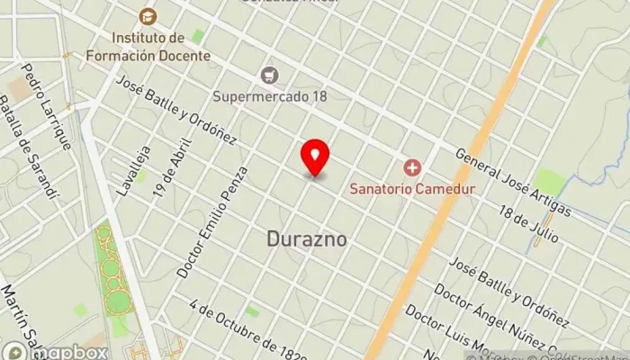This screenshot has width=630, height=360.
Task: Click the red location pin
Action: coord(315,158)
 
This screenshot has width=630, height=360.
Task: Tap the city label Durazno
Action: coord(307,238)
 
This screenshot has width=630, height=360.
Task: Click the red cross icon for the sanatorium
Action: coord(412,167)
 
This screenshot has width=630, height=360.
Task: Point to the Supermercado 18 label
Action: coord(269,95)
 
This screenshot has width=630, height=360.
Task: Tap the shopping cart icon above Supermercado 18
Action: coord(268,75)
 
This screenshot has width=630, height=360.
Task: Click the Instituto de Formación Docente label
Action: coord(160,47)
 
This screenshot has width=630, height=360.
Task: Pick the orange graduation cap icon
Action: coord(146,16)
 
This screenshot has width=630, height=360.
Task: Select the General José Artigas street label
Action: coord(513,182)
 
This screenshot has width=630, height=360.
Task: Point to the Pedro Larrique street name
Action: coord(47,106)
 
